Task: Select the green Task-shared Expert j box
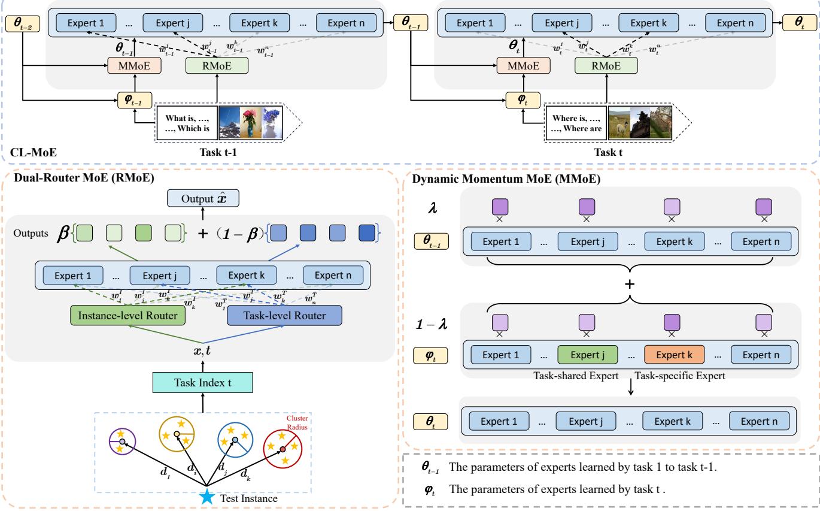click(x=587, y=354)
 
